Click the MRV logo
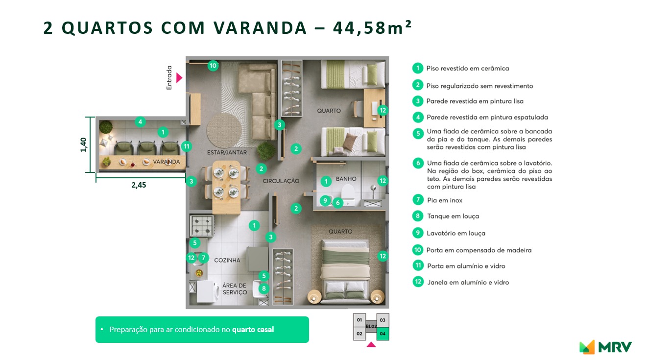(x=605, y=347)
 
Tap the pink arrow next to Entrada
(x=179, y=77)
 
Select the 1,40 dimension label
(x=84, y=144)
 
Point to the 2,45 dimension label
(x=139, y=185)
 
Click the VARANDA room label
(x=166, y=162)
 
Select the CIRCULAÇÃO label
(x=281, y=181)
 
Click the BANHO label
(x=346, y=179)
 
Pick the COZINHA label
(x=227, y=260)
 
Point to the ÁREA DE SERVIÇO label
(x=235, y=288)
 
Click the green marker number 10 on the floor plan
(x=213, y=65)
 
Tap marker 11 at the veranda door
(x=186, y=146)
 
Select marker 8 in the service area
(x=263, y=288)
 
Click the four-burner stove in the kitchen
(x=201, y=226)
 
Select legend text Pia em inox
(x=444, y=200)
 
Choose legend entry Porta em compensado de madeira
(x=478, y=250)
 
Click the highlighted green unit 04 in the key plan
(x=382, y=334)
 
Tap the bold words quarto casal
(x=253, y=330)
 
